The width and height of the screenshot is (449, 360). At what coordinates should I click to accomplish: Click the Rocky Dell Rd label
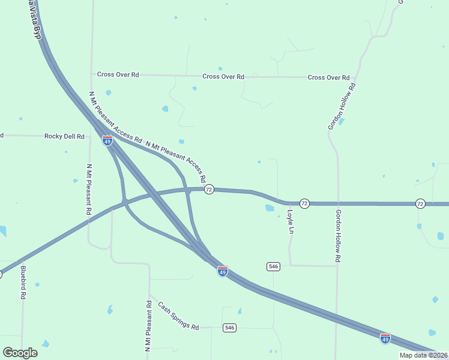pos(64,136)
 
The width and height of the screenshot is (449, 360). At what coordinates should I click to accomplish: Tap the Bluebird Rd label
pos(23,283)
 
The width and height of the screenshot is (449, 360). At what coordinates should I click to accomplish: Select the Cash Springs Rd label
pos(178,316)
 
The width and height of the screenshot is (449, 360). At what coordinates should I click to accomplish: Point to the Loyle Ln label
pos(291,221)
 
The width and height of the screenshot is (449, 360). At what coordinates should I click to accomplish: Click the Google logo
pos(20,352)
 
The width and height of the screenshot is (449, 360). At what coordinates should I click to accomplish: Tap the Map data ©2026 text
pos(423,355)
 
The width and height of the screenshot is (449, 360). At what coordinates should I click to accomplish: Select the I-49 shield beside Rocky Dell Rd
pos(107,140)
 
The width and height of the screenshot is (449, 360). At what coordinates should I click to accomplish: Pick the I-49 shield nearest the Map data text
pos(385,338)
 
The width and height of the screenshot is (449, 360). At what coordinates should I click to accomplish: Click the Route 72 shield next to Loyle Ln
pos(304,204)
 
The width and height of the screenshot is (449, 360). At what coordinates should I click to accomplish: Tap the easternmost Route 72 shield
pos(420,204)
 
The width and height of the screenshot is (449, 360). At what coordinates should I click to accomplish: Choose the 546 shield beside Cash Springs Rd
pos(229,328)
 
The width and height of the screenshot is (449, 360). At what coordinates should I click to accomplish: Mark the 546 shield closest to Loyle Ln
pos(273,266)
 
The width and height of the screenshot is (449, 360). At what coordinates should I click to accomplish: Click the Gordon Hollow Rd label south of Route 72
pos(339,235)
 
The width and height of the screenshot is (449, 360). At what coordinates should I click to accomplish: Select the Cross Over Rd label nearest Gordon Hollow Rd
pos(328,77)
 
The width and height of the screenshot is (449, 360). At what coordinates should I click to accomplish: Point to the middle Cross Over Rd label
pos(223,77)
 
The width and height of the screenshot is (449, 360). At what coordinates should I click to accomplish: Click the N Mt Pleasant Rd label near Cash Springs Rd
pos(148,326)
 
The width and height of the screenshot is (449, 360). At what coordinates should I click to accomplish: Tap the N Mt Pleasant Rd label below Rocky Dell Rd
pos(89,190)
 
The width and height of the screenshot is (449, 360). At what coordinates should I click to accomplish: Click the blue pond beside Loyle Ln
pos(270,208)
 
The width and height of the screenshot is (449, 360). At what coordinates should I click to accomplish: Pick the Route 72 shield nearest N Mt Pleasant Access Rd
pos(208,190)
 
